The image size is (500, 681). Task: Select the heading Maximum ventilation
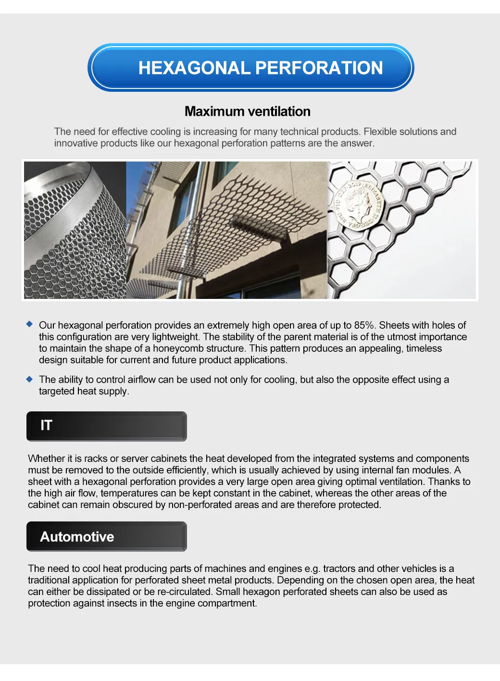click(x=247, y=111)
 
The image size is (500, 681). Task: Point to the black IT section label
click(x=106, y=426)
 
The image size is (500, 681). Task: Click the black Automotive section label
click(x=106, y=536)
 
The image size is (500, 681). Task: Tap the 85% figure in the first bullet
click(x=364, y=325)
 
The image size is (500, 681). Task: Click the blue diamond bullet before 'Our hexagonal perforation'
click(x=30, y=324)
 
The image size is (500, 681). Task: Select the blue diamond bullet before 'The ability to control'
click(x=30, y=379)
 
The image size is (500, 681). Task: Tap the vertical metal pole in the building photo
click(x=187, y=231)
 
